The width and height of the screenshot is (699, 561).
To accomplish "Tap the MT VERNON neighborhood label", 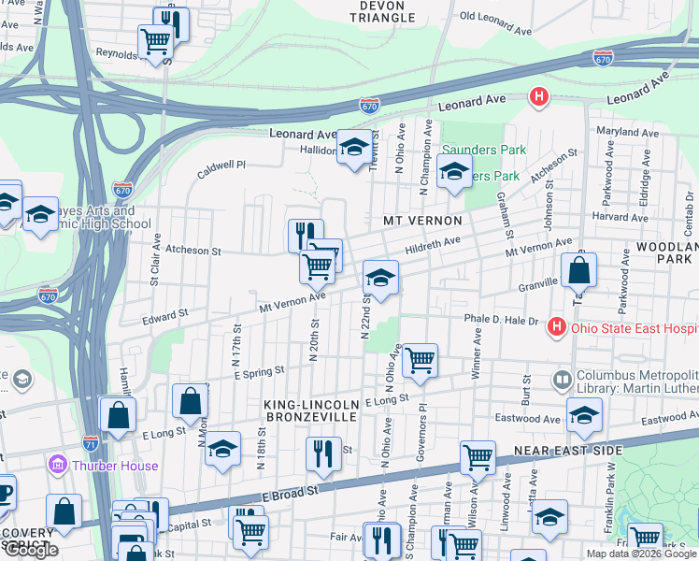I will click(423, 221).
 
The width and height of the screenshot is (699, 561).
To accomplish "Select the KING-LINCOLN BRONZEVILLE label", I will click(310, 409).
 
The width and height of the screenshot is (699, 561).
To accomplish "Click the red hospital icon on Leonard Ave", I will click(538, 95).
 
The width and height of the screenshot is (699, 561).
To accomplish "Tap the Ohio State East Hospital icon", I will click(557, 326).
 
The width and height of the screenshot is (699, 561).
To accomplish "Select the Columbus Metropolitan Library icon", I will click(562, 380).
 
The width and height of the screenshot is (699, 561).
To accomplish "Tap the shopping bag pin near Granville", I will click(579, 270).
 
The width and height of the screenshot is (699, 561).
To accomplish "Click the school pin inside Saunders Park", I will click(454, 171).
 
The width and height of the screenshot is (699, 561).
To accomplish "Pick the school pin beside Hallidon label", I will click(354, 147).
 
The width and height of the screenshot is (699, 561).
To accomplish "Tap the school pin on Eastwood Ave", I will click(584, 414).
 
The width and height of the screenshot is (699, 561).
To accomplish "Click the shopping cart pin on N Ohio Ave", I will click(420, 358).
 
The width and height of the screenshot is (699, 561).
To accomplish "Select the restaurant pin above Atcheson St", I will click(306, 234).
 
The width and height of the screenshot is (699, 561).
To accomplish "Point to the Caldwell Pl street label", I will click(221, 165).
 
